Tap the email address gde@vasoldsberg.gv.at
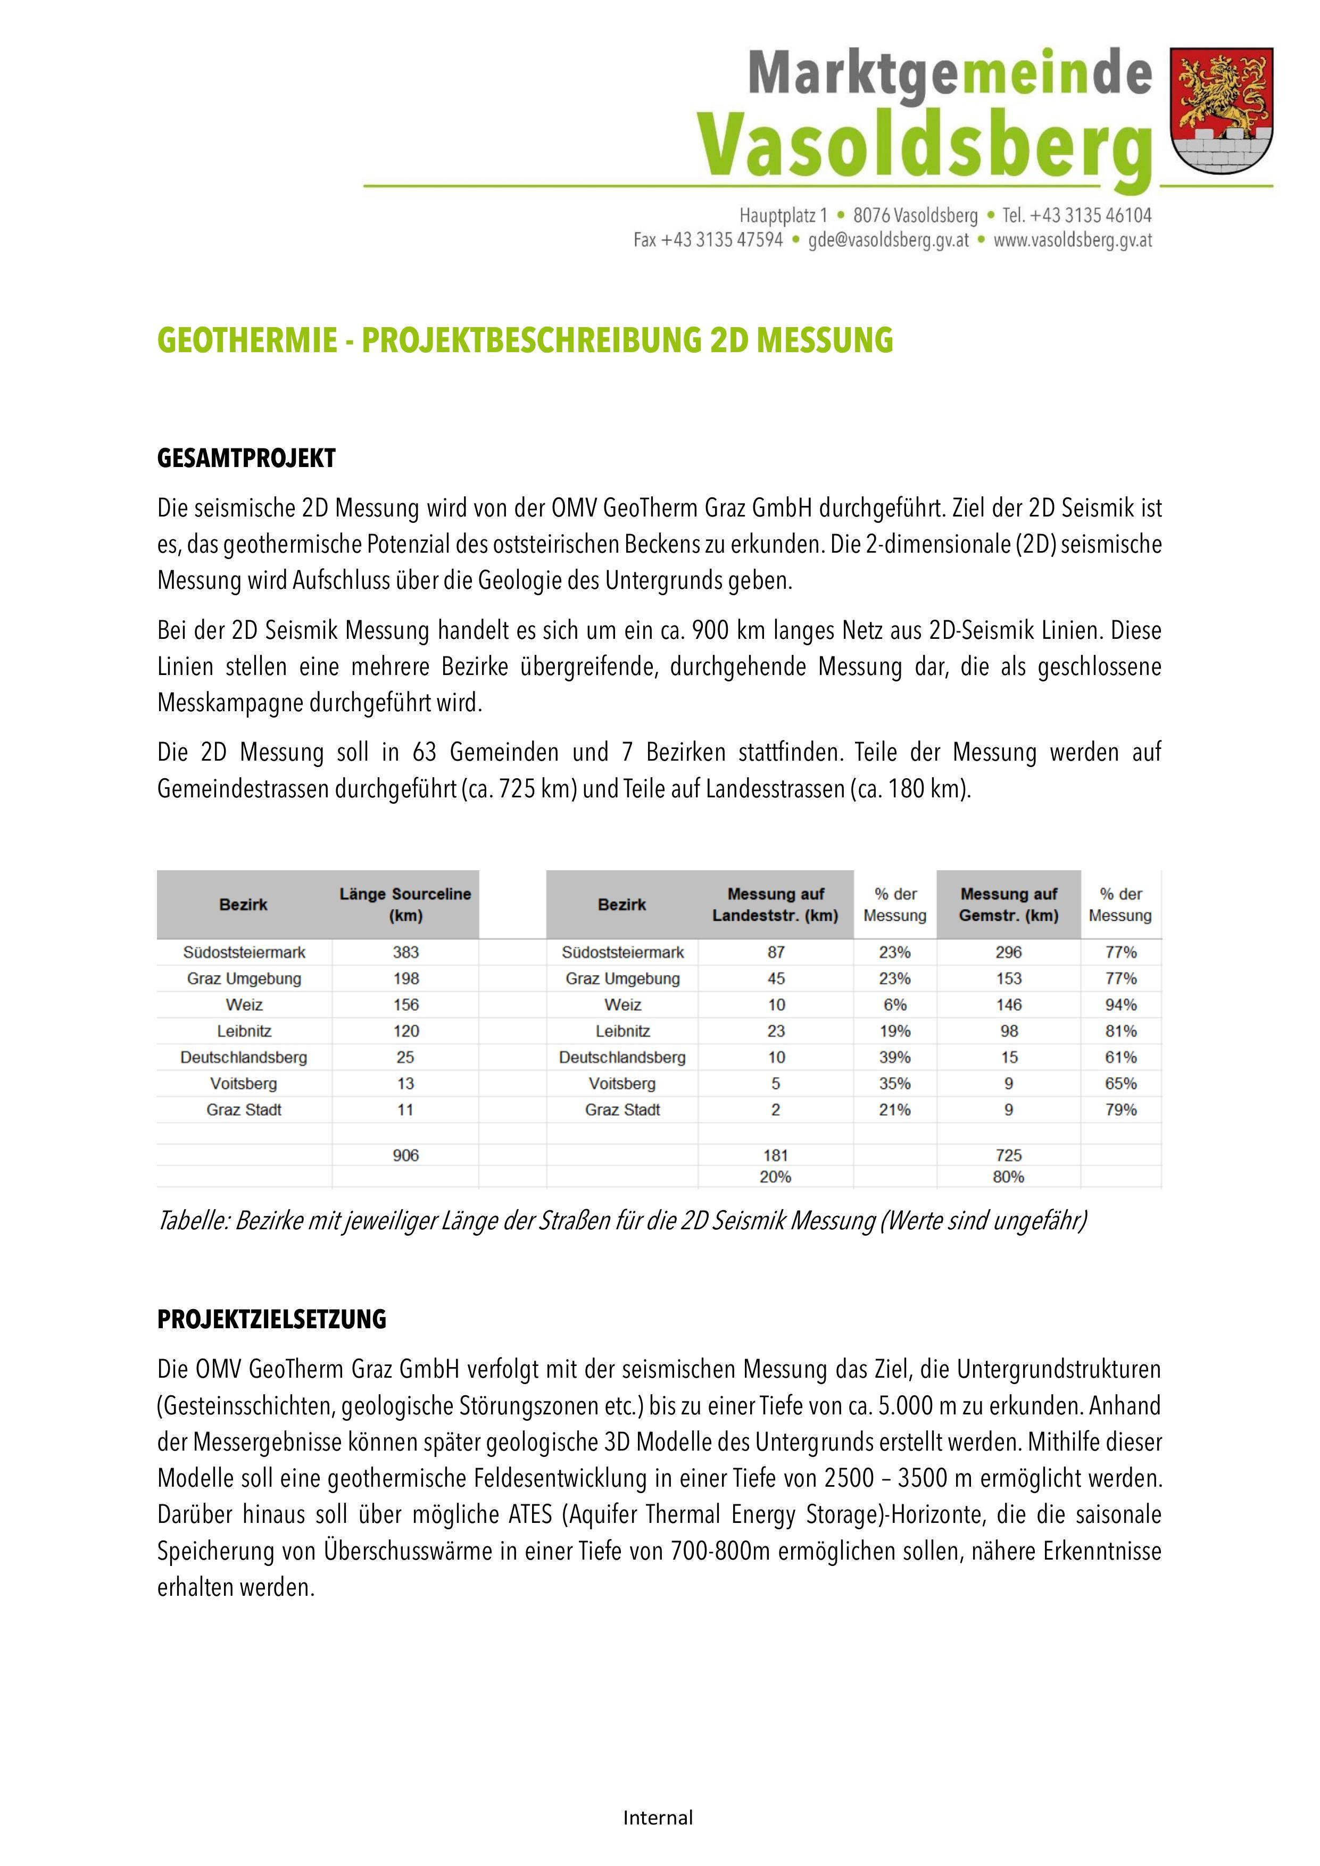click(x=889, y=240)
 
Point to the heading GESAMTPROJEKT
click(x=246, y=459)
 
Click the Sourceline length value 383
click(x=405, y=952)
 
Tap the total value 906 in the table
click(x=405, y=1155)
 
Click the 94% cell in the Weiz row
click(x=1120, y=1004)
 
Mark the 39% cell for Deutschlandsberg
click(x=895, y=1057)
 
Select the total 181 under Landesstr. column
click(x=775, y=1155)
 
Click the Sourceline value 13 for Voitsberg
click(x=405, y=1084)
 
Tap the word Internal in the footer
click(x=658, y=1817)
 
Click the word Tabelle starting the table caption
click(x=192, y=1221)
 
